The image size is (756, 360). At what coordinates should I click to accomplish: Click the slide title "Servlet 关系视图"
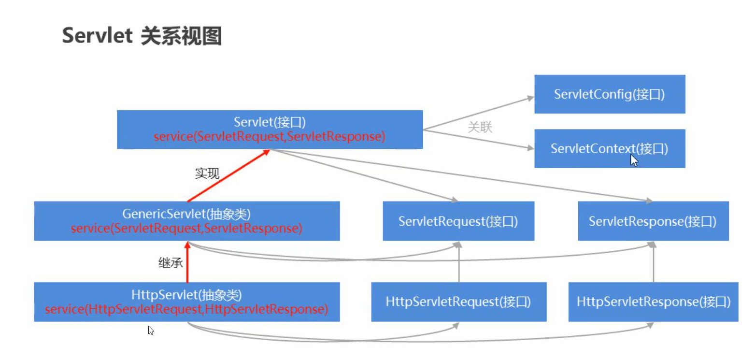click(x=142, y=36)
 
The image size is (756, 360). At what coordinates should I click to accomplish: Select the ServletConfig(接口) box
click(x=609, y=94)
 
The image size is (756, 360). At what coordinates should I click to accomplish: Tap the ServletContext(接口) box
click(x=609, y=148)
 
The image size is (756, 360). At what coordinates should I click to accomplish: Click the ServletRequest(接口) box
click(x=458, y=221)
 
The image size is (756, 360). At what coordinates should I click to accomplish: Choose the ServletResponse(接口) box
click(x=653, y=221)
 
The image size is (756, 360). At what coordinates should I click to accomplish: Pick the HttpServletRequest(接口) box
click(x=458, y=302)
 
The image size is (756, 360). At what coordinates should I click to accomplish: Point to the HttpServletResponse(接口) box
click(x=653, y=302)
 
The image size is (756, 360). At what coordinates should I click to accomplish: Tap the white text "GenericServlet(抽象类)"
click(x=186, y=213)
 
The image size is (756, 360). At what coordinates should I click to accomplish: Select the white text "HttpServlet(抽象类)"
click(x=186, y=294)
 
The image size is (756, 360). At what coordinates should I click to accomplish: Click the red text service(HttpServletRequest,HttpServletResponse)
click(x=186, y=309)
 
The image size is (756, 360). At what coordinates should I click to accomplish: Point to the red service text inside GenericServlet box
click(x=186, y=228)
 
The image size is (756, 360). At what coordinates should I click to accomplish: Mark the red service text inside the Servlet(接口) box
click(x=270, y=137)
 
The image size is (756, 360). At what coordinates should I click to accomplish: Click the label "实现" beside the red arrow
click(x=207, y=173)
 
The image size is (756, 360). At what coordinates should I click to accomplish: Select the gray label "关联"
click(x=480, y=128)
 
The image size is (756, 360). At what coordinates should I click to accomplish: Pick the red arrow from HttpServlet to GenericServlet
click(x=187, y=263)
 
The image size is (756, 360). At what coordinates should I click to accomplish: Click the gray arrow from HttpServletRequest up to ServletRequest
click(x=458, y=263)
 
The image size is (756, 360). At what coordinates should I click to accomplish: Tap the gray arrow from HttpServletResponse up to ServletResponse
click(x=653, y=263)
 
